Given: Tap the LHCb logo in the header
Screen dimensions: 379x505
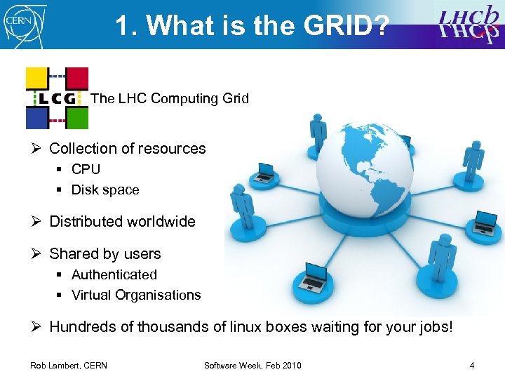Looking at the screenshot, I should (466, 24).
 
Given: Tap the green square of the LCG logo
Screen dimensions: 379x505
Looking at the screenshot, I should (78, 118).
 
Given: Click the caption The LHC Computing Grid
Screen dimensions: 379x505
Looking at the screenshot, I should (170, 98).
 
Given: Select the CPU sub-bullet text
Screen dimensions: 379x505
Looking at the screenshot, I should (86, 169).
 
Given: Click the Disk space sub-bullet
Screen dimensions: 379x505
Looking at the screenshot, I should (105, 189).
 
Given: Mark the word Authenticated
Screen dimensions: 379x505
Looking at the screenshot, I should (114, 274).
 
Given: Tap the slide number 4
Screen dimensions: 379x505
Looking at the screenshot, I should (472, 366).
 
